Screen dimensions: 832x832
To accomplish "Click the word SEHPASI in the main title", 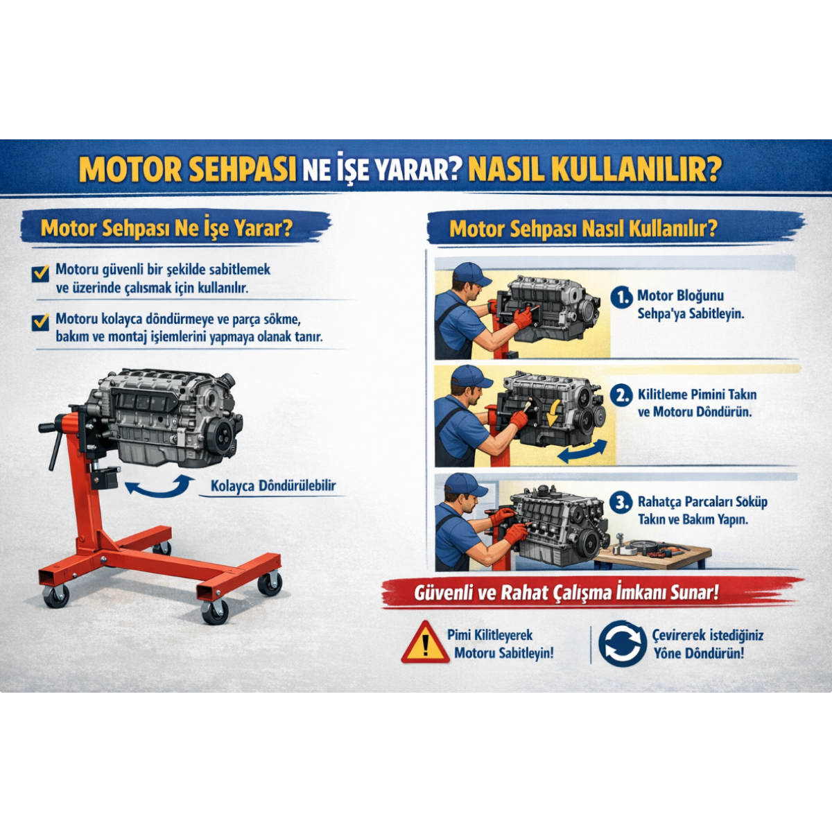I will pos(242,168).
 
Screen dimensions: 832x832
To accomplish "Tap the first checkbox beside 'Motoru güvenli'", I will pos(41,273).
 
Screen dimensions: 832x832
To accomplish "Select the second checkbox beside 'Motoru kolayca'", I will pos(41,323).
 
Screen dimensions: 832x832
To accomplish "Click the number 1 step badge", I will pos(621,297).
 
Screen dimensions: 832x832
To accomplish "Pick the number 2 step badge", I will pos(621,396).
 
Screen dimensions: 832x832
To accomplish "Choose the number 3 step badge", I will pos(621,503).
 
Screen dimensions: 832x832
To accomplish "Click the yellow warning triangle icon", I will pos(425,643).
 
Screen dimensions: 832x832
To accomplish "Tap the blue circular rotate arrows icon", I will pos(622,643).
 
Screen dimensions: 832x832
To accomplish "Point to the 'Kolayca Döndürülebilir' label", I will pos(273,486).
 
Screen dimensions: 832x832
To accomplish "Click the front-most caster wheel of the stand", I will pos(215,612).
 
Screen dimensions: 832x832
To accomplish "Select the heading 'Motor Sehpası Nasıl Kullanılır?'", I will pos(582,229).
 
